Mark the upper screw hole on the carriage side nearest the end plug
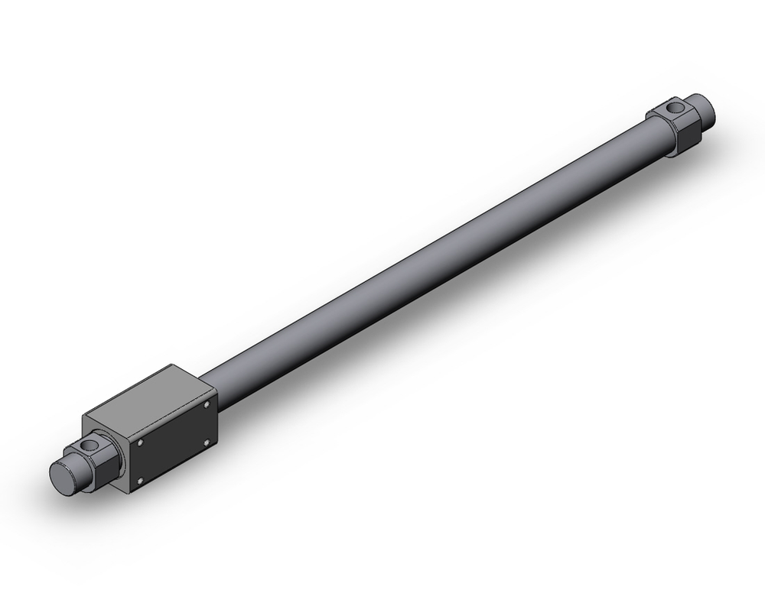[142, 443]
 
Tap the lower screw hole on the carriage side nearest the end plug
[140, 480]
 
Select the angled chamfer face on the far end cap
[658, 115]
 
